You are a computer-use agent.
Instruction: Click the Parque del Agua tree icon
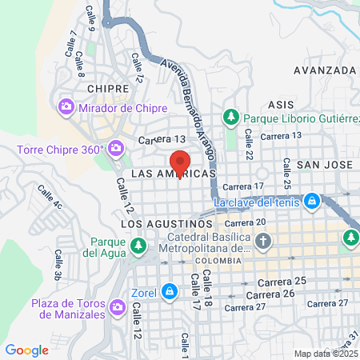pyautogui.click(x=139, y=244)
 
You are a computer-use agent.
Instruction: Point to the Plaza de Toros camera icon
pyautogui.click(x=118, y=307)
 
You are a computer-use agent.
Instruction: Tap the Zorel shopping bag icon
pyautogui.click(x=169, y=292)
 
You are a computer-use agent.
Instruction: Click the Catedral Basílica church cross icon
pyautogui.click(x=264, y=241)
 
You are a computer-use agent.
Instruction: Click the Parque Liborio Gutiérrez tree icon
pyautogui.click(x=230, y=117)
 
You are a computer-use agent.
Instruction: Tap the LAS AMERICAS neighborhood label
pyautogui.click(x=173, y=174)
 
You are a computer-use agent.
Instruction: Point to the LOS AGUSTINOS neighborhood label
pyautogui.click(x=167, y=224)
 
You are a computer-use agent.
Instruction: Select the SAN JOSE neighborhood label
pyautogui.click(x=324, y=164)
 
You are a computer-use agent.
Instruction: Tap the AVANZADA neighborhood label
pyautogui.click(x=324, y=70)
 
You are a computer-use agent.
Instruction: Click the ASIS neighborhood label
pyautogui.click(x=282, y=105)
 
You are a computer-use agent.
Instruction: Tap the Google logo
pyautogui.click(x=26, y=350)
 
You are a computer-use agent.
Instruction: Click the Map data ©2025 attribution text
pyautogui.click(x=326, y=354)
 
